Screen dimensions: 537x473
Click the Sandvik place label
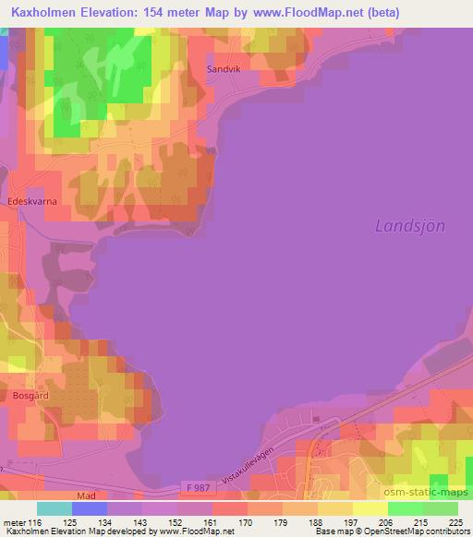pos(223,68)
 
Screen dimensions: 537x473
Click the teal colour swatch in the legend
pos(54,508)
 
